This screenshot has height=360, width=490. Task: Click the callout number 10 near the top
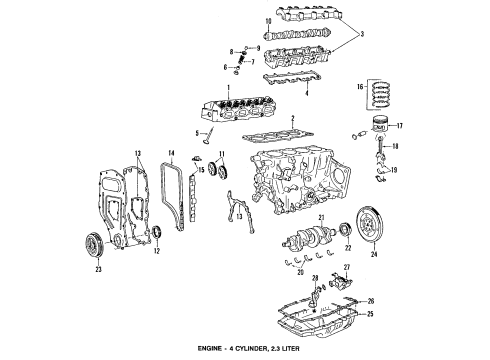(240, 20)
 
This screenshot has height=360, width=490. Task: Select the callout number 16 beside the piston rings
(361, 88)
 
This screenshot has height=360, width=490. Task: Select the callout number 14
(172, 153)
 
